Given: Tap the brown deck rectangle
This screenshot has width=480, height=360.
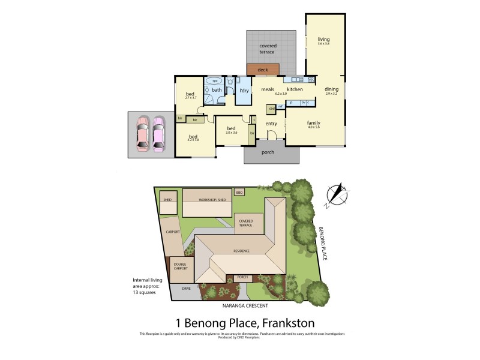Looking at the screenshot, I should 263,70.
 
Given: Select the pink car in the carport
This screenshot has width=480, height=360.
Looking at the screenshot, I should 158,133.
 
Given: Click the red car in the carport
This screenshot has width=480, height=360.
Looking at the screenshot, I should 143,133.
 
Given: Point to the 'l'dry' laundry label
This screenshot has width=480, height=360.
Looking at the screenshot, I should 244,91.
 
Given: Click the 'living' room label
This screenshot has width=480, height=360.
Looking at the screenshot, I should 323,40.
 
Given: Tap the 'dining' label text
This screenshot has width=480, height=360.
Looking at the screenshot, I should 331,89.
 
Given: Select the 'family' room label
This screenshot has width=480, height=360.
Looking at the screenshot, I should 314,123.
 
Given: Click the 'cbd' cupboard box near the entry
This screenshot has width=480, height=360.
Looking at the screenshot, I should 272,108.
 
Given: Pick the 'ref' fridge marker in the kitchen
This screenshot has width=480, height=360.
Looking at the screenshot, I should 280,107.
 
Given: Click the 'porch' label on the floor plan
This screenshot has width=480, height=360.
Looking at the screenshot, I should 268,152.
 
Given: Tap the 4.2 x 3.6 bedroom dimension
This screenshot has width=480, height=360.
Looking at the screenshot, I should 193,140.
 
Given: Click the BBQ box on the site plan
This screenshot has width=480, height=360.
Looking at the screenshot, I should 239,192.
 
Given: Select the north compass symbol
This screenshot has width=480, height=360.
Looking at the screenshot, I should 337,195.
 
